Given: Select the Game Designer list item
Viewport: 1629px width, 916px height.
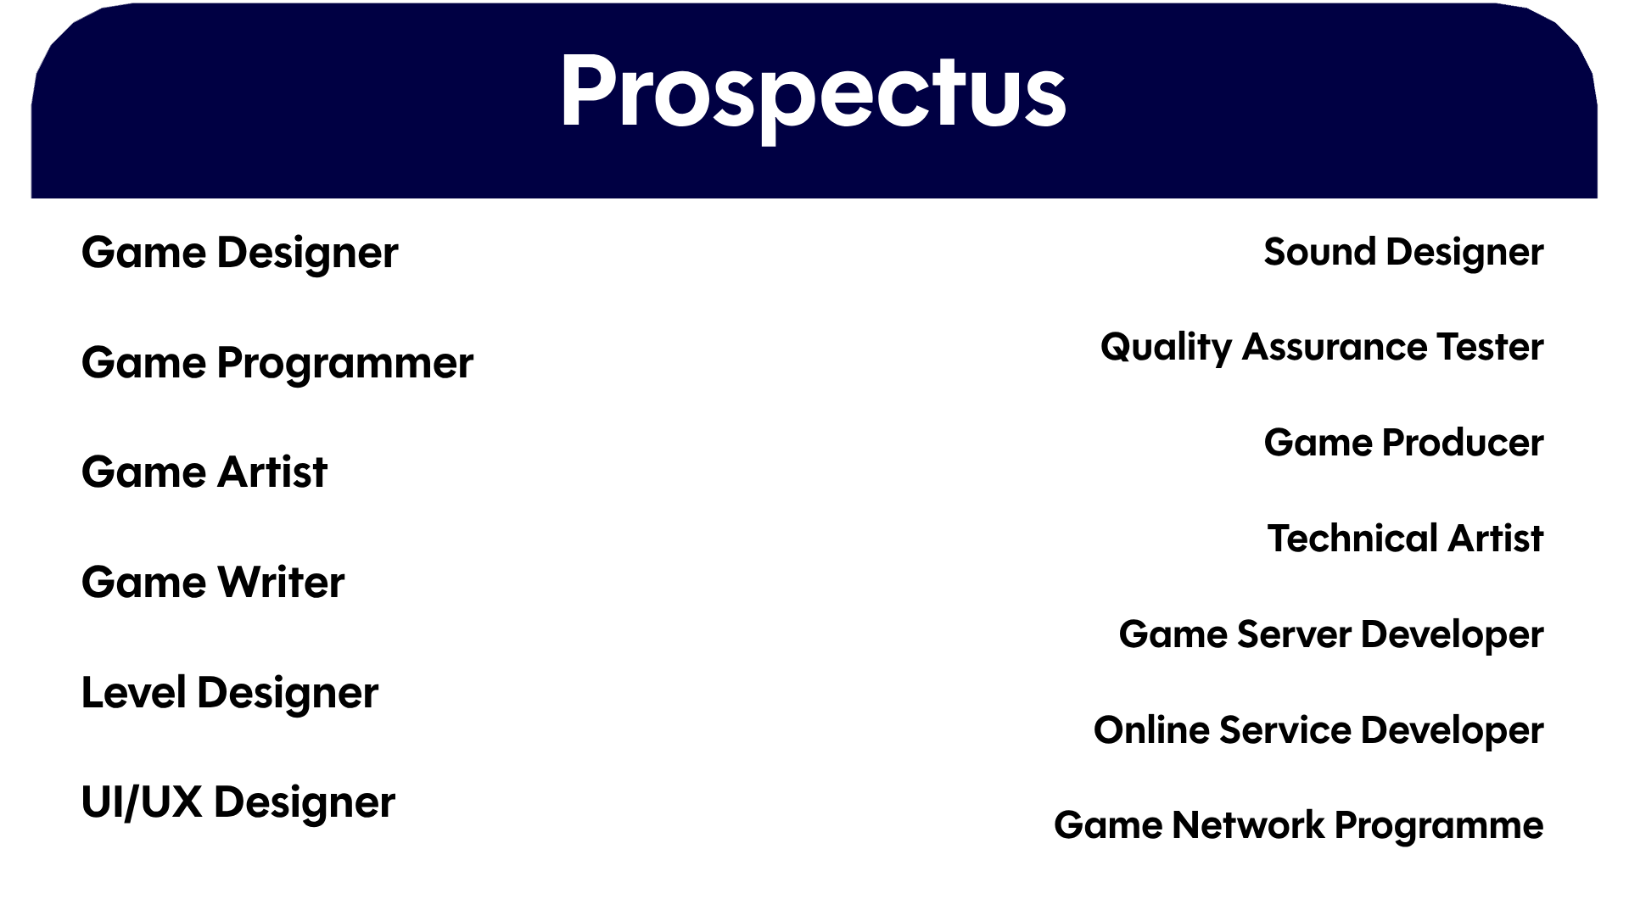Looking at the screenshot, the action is point(239,254).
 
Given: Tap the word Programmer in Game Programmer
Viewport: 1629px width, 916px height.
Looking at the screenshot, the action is point(344,364).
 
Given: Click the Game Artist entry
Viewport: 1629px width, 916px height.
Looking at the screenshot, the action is point(204,472).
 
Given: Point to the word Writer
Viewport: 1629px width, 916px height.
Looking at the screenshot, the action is point(281,582).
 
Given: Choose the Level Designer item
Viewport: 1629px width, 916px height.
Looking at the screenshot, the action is point(229,694).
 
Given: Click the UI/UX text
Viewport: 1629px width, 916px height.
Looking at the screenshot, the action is point(142,802).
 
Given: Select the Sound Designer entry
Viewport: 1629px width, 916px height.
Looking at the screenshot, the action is point(1403,253).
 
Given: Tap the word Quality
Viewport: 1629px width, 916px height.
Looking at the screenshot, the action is point(1166,348).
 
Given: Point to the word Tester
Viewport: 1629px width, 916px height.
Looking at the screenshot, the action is point(1490,347).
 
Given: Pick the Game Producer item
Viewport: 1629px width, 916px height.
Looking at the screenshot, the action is point(1403,443).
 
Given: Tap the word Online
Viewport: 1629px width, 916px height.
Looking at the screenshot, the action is point(1151,730).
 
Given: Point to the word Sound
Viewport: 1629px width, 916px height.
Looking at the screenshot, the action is point(1319,253).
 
